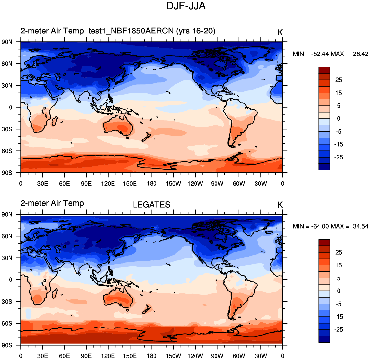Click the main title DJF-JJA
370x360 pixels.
[x=186, y=6]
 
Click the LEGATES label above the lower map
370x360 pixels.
[x=151, y=205]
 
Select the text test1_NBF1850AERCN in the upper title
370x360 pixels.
[x=131, y=31]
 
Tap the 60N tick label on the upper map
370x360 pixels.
[x=7, y=64]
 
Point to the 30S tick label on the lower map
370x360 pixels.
[x=7, y=302]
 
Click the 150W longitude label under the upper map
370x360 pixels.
[x=173, y=184]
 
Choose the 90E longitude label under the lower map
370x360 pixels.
[x=86, y=356]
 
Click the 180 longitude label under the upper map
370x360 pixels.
[x=152, y=184]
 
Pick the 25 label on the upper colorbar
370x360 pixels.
[x=339, y=80]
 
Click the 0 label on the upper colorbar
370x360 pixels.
[x=339, y=119]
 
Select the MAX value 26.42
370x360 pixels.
[x=360, y=54]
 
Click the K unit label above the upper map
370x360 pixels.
[x=280, y=32]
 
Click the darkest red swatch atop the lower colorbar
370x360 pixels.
[x=324, y=243]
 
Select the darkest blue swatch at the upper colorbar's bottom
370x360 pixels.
[x=324, y=167]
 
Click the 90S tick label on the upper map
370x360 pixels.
[x=7, y=173]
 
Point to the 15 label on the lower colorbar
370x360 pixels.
[x=339, y=265]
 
